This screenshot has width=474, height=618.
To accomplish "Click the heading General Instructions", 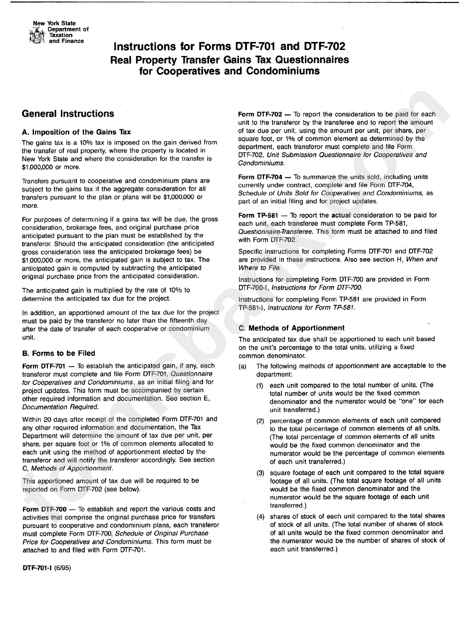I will [x=68, y=114].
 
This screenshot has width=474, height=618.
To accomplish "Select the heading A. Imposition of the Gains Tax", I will [x=76, y=132].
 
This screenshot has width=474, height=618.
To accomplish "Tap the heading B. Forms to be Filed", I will [x=58, y=353].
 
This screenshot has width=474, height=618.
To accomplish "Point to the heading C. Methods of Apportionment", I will [x=291, y=328].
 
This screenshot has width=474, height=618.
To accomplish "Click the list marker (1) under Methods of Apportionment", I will [x=260, y=386].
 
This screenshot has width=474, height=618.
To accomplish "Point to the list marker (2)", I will [x=260, y=421].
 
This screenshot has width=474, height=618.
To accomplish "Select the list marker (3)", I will [x=260, y=473].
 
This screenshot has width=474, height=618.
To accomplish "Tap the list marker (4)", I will [x=260, y=517].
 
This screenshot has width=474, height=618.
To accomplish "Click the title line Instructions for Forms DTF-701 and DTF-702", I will [x=230, y=47].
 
